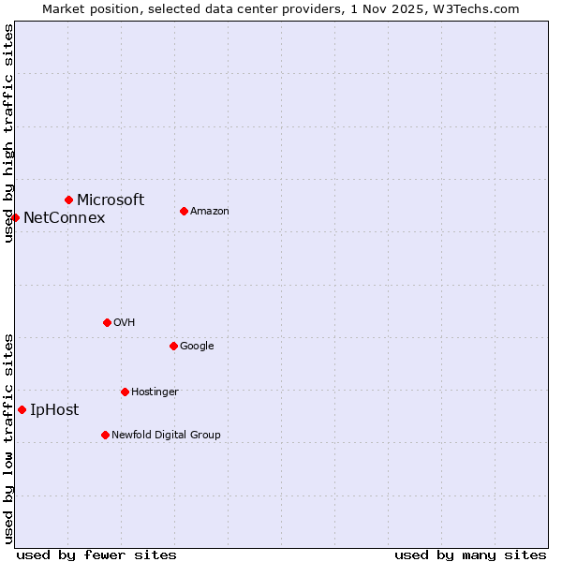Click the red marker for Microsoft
68,200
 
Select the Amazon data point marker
184,211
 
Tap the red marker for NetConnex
15,217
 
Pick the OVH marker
107,322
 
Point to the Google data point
173,346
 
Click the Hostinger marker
125,392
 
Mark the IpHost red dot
22,409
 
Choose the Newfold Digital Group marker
105,435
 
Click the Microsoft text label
111,200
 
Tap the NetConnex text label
64,218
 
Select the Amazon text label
210,212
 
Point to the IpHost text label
54,410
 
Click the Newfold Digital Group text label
166,435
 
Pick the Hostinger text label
155,392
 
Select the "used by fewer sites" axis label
96,555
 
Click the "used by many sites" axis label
470,555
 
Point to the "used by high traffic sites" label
8,133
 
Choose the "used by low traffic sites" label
8,437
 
